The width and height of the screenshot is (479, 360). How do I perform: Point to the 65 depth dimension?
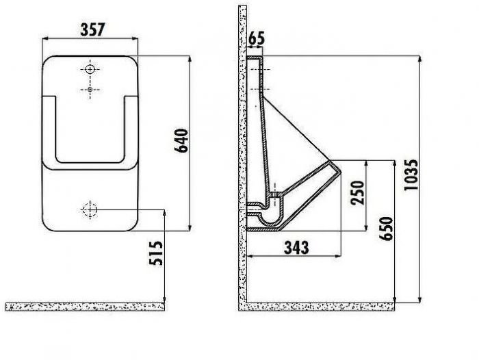(257, 38)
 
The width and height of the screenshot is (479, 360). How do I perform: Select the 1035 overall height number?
(411, 177)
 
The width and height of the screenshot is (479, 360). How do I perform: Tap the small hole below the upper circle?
(90, 90)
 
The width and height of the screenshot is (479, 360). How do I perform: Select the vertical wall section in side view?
(242, 157)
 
